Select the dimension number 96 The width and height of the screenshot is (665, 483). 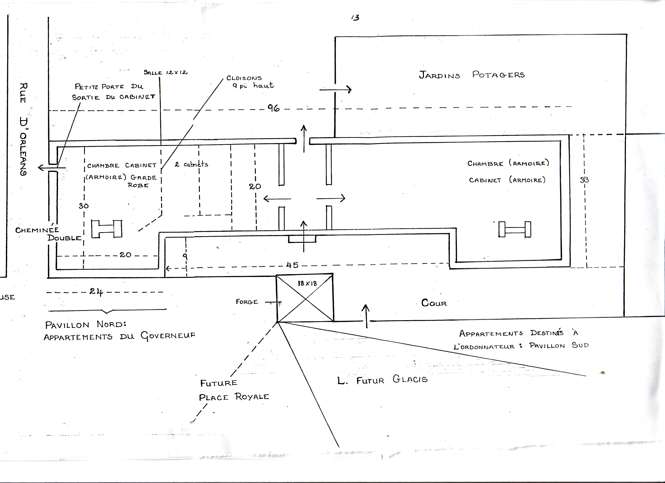[273, 108]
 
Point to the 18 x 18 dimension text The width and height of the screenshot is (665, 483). [307, 283]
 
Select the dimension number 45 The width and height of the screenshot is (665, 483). [292, 265]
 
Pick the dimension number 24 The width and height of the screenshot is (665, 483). [96, 292]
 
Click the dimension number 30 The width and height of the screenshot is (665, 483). [84, 206]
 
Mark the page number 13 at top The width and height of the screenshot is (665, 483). [355, 18]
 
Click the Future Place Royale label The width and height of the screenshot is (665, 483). [234, 390]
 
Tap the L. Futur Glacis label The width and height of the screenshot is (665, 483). [382, 380]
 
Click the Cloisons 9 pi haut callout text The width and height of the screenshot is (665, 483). [250, 82]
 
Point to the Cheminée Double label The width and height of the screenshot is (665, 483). [48, 234]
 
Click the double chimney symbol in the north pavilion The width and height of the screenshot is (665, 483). [107, 229]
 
